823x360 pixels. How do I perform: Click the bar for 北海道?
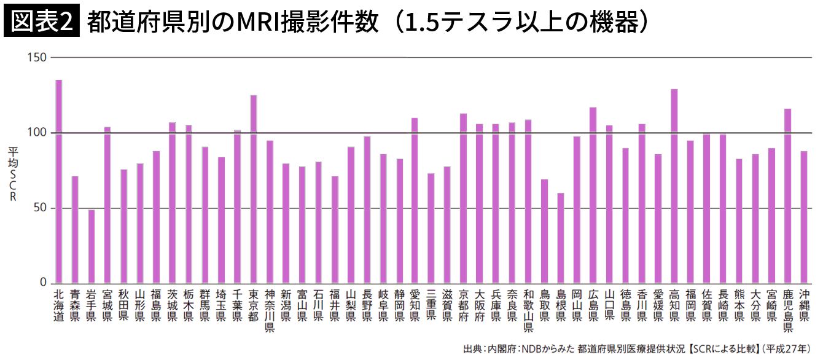click(59, 181)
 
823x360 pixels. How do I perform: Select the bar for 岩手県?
click(92, 246)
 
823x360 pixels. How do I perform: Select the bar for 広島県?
click(593, 195)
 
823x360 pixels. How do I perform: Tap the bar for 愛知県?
click(415, 200)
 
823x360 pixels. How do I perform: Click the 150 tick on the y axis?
click(37, 57)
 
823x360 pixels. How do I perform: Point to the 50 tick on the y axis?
click(40, 208)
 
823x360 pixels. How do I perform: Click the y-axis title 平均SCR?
click(12, 174)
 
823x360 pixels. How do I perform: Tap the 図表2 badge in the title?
click(42, 22)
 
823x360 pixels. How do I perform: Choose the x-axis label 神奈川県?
click(269, 311)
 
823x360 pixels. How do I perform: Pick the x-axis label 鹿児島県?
click(787, 311)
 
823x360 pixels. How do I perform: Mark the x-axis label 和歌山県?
click(528, 311)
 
